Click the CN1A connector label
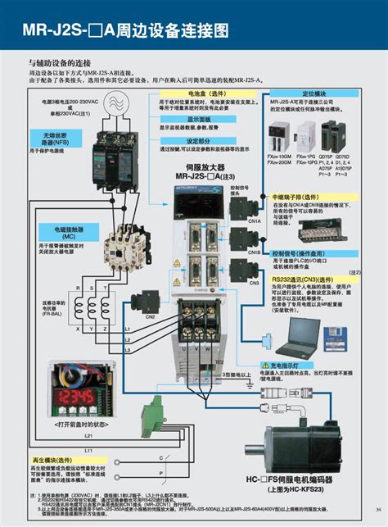coord(254,221)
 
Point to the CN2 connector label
coord(151,316)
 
